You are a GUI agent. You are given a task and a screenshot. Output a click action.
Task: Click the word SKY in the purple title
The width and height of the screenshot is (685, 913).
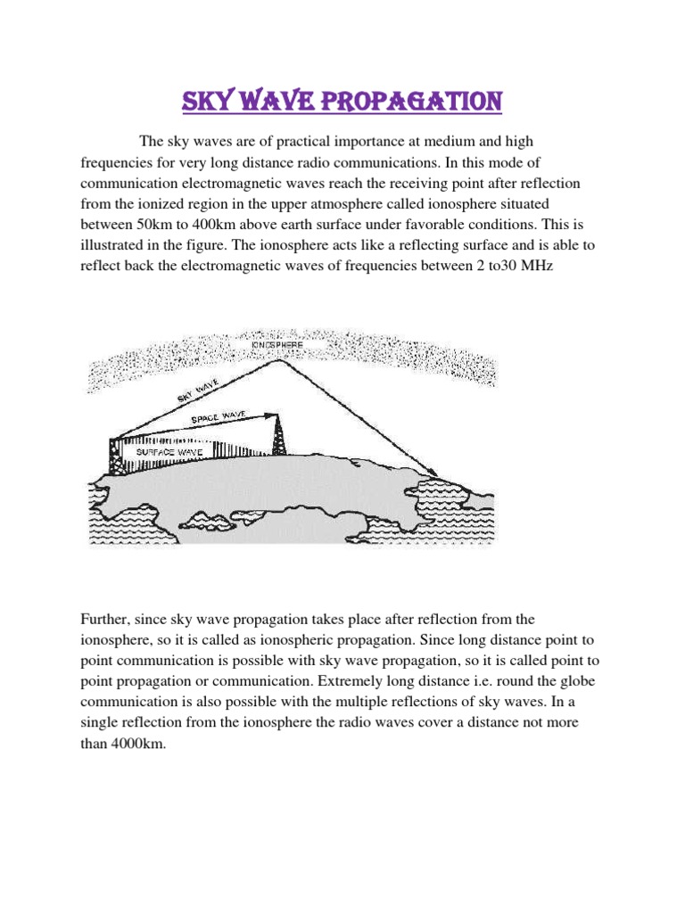(208, 101)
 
